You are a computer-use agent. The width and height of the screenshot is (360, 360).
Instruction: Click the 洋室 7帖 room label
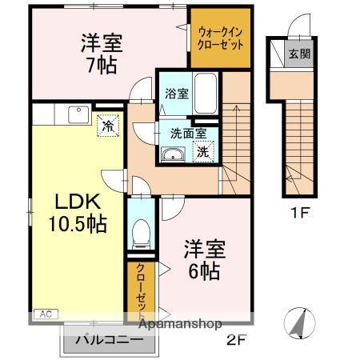(x=102, y=53)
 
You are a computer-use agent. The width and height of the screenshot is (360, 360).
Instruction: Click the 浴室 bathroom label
(x=177, y=94)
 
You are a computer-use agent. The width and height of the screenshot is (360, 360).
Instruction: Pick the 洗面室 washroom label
(x=187, y=133)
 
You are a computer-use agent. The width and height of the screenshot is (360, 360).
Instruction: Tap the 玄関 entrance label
(x=298, y=55)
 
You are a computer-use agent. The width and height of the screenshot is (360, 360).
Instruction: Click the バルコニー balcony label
(x=109, y=340)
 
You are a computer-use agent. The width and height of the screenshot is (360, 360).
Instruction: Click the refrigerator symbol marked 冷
(x=106, y=124)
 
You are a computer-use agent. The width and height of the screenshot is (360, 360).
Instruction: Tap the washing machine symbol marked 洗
(x=204, y=151)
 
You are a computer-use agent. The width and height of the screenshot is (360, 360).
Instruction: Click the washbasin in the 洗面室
(x=171, y=154)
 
